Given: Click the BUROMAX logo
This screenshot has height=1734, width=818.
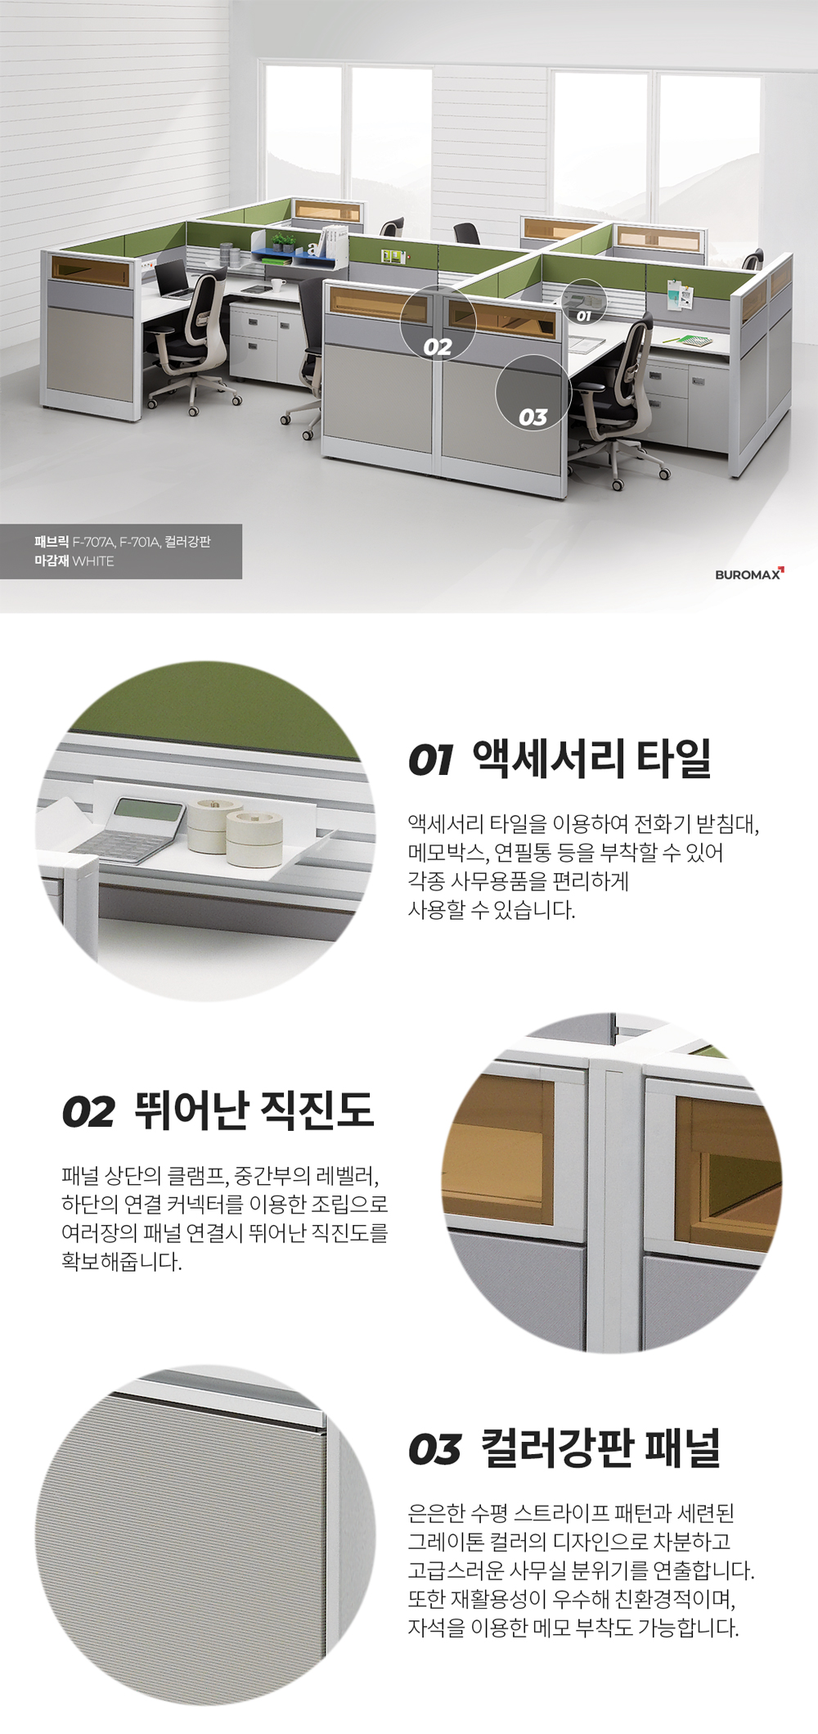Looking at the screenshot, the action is click(x=749, y=574).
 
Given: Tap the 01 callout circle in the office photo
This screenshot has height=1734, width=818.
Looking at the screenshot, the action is click(x=583, y=302).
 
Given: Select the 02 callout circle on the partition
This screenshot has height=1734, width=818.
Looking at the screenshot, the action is click(x=438, y=324).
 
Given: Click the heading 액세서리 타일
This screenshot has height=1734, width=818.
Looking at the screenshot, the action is click(x=592, y=758).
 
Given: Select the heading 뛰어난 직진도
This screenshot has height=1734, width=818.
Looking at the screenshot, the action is click(x=254, y=1110).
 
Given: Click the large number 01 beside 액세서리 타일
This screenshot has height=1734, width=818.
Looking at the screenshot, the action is click(x=430, y=760).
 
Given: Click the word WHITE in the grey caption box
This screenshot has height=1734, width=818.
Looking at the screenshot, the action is click(x=93, y=561).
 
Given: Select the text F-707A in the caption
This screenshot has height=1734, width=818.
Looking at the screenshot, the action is click(x=94, y=542).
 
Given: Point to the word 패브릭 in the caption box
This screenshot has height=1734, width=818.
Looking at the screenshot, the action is click(x=52, y=542).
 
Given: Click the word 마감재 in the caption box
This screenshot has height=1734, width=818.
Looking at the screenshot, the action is click(x=52, y=561).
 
